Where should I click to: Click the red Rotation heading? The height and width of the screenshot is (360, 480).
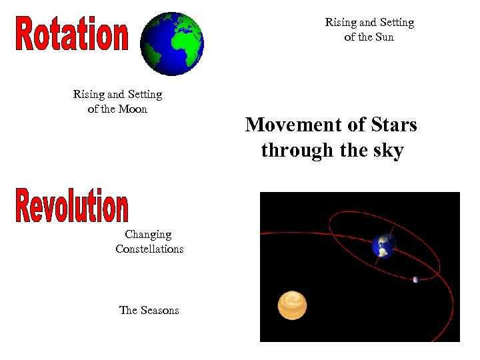click(71, 35)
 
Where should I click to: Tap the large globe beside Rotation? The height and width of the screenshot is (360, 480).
click(172, 43)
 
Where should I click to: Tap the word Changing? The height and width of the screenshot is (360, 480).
click(148, 235)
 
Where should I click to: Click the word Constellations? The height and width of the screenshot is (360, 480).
click(149, 249)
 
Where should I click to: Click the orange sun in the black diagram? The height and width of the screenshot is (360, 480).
click(292, 305)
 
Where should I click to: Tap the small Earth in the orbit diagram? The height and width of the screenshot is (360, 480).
click(384, 245)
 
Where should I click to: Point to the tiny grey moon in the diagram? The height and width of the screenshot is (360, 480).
click(416, 279)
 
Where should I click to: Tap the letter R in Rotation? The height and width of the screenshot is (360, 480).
click(25, 35)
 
